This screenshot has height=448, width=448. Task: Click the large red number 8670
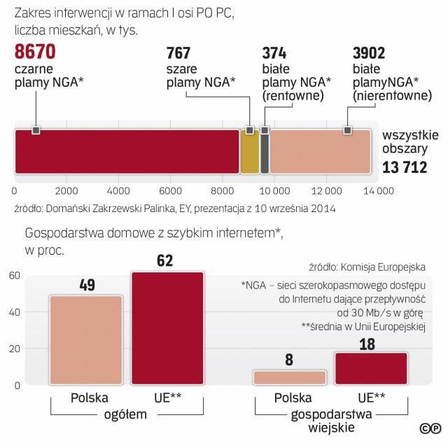pos(35,52)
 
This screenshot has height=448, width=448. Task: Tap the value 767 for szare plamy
pos(182,52)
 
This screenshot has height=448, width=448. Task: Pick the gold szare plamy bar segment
pos(250,151)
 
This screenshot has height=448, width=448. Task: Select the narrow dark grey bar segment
pos(265,151)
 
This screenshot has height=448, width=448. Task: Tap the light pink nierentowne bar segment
pos(320,151)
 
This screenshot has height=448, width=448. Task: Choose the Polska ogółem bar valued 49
pos(85,339)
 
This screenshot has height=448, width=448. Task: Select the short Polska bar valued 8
pos(290,378)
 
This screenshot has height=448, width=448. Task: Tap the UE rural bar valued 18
pos(371,368)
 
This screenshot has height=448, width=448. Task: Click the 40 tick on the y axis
pos(13,311)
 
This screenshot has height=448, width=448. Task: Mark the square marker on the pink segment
pos(347,130)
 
